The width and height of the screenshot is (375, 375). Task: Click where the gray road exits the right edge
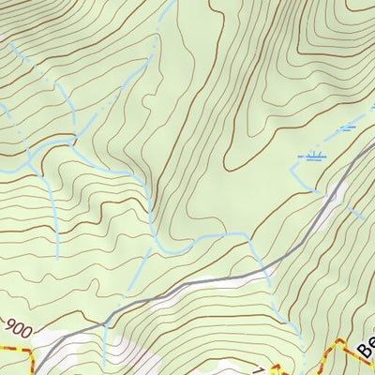pyautogui.click(x=373, y=141)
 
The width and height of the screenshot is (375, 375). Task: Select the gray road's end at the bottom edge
pyautogui.click(x=41, y=373)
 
